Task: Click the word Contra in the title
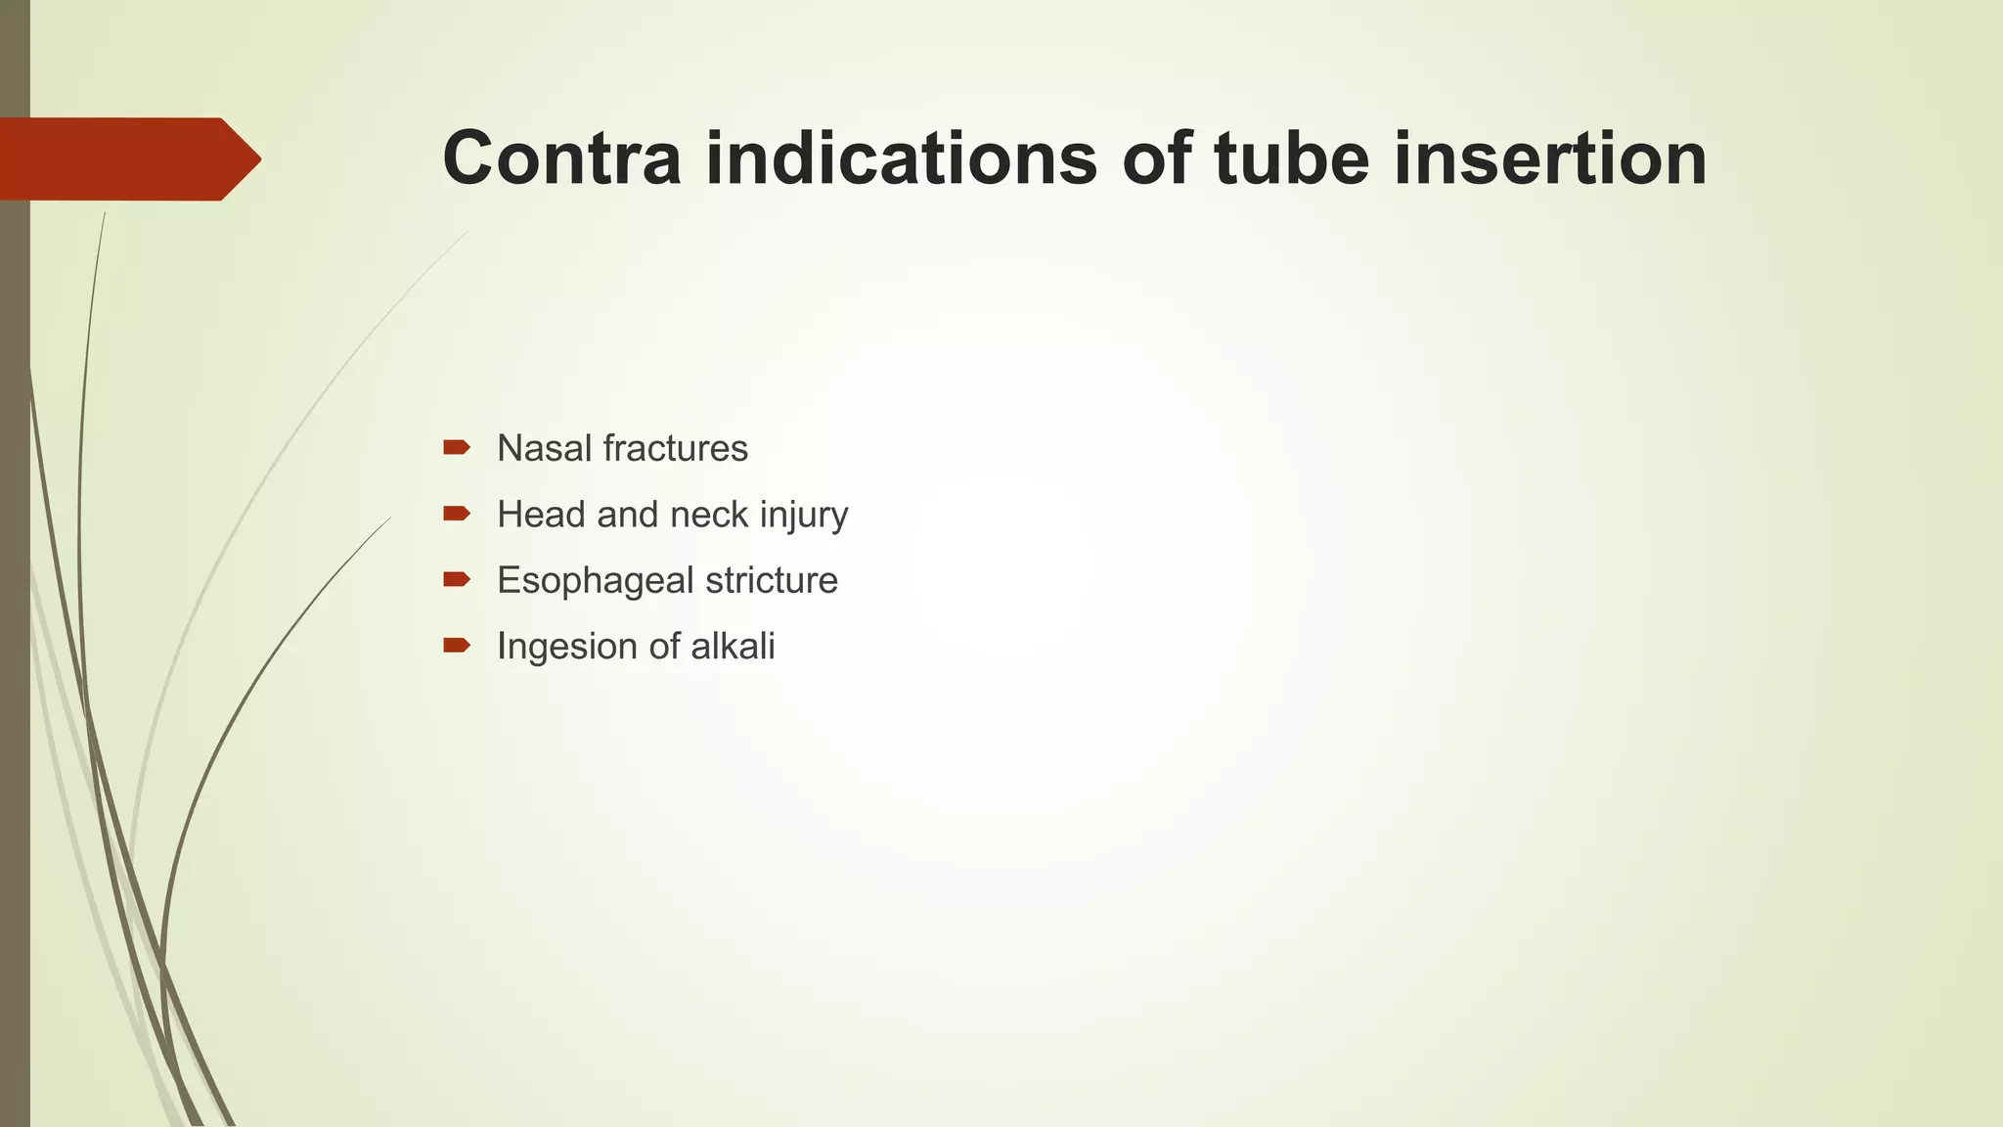pos(561,158)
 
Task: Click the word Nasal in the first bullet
pos(543,449)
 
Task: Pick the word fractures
pos(676,449)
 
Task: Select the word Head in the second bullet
pos(541,515)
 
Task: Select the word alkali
pos(733,647)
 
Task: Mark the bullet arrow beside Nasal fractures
pos(457,448)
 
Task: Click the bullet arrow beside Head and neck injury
pos(457,514)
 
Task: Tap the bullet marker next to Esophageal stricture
pos(457,579)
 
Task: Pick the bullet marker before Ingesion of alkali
pos(457,645)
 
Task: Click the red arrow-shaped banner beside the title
pos(127,158)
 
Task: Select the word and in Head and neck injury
pos(628,515)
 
